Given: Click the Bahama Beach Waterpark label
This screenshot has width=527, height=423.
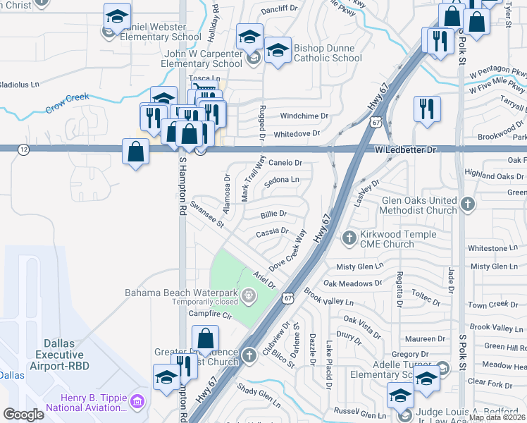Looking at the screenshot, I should [x=182, y=293].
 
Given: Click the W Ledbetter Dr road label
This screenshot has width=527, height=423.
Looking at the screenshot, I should [x=406, y=150].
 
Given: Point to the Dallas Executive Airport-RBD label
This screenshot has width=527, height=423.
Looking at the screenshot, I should [x=64, y=351].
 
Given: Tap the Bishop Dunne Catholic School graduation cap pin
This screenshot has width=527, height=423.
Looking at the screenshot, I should [x=278, y=49].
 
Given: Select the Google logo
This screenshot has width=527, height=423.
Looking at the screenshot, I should [x=23, y=415].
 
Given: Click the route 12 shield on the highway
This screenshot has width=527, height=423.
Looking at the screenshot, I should [x=25, y=149].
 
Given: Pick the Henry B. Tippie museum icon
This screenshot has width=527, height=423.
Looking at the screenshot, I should [x=137, y=402].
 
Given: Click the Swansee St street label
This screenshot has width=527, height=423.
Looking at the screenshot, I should [x=206, y=215].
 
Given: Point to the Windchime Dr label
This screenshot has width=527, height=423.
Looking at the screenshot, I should [x=304, y=116].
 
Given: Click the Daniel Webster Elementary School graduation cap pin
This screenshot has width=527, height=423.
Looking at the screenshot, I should [x=117, y=16].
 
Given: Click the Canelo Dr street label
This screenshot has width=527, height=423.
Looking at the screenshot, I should [x=285, y=163].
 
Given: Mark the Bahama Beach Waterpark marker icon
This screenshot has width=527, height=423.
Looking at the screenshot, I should [x=247, y=293].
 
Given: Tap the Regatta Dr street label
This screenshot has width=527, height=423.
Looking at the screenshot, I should [x=399, y=290].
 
